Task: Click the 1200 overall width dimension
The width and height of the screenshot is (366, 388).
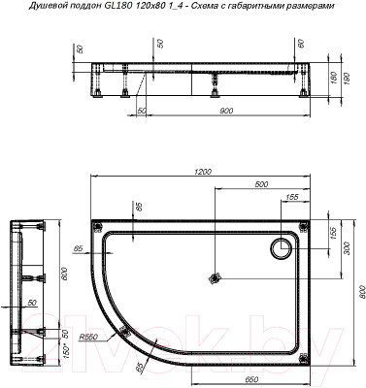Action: [x=200, y=171]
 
